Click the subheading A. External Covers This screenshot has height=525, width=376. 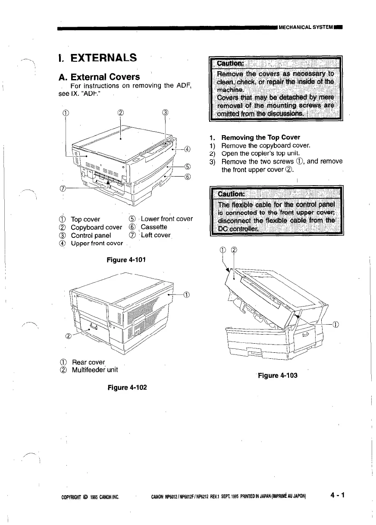pos(99,77)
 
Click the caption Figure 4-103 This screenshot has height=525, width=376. pos(277,375)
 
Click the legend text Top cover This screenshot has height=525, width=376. pos(85,219)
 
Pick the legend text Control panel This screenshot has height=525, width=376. pos(91,235)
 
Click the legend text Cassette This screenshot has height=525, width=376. pos(154,227)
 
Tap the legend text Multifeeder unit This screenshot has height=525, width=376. pos(94,370)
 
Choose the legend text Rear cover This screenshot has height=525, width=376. pos(88,362)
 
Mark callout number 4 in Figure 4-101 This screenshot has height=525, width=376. pos(187,150)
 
